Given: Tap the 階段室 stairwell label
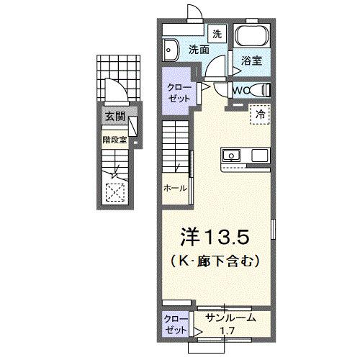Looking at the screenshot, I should (115, 140).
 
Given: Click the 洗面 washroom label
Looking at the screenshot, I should (199, 50).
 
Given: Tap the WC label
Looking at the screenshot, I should (240, 90).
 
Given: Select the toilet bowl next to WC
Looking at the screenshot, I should (264, 89).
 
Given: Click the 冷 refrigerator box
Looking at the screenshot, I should (260, 113).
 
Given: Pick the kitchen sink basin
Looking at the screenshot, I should (232, 154).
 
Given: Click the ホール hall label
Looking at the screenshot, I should (174, 188).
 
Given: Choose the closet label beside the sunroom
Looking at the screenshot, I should (174, 322).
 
